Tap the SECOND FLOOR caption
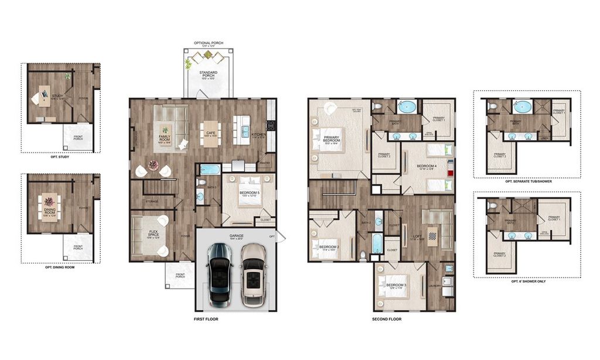coord(387,320)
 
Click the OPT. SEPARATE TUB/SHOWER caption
coord(528,181)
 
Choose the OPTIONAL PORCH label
coord(209,43)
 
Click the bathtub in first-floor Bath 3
coord(209,170)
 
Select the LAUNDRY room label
coord(435,286)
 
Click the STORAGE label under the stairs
coord(152,201)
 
